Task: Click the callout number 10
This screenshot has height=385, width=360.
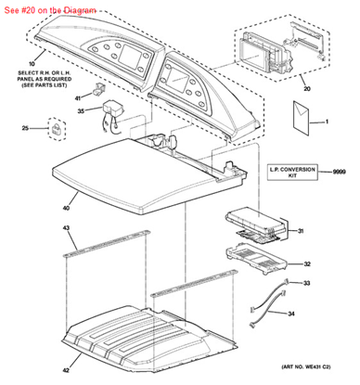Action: click(32, 64)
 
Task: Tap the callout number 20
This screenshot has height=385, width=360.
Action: click(306, 89)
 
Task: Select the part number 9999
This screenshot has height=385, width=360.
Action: click(340, 172)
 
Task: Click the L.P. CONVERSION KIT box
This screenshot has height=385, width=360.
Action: click(292, 173)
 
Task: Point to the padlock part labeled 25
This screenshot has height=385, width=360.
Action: click(57, 129)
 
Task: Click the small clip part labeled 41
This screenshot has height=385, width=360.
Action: click(98, 89)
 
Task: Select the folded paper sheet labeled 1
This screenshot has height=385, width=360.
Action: click(301, 118)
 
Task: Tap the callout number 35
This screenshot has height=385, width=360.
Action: click(81, 110)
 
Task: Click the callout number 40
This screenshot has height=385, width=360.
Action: click(66, 208)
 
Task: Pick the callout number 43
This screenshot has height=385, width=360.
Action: click(66, 228)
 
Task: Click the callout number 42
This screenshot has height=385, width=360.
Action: click(66, 370)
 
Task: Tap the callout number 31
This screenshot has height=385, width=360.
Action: click(301, 231)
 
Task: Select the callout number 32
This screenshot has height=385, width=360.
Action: click(307, 264)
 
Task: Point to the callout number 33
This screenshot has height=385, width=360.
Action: click(306, 283)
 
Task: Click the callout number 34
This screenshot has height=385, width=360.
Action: click(291, 314)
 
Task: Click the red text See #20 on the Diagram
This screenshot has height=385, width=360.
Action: click(50, 10)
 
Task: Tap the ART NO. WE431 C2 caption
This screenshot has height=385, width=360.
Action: click(306, 366)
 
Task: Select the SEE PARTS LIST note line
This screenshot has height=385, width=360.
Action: click(44, 85)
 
